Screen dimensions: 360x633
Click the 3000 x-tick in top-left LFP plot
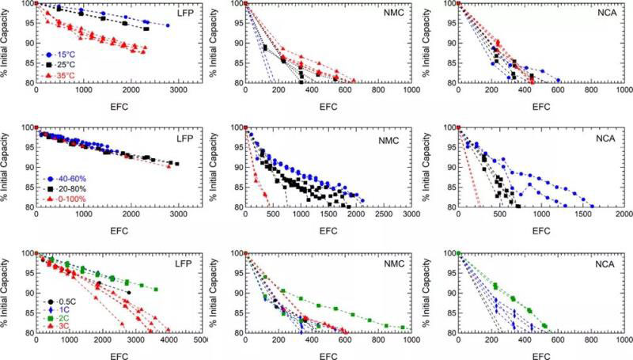(177, 91)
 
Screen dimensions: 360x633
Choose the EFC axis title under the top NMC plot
(328, 103)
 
